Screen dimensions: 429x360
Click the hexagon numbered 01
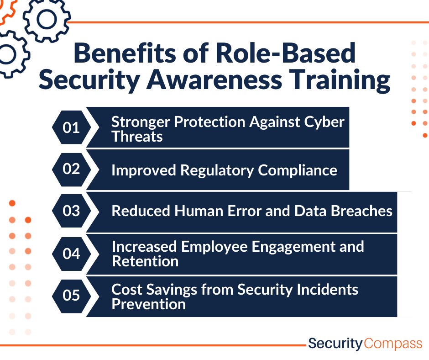tap(71, 127)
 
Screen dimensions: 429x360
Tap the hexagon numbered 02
tap(71, 169)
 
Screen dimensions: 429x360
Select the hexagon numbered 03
tap(71, 211)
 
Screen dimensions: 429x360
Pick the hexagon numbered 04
tap(71, 254)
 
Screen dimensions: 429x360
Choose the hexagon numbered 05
tap(71, 296)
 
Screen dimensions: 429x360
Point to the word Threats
tap(137, 136)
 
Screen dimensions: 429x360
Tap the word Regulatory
tap(217, 171)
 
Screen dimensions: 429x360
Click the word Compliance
tap(298, 171)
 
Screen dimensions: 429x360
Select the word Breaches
tap(362, 211)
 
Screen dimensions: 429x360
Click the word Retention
tap(145, 261)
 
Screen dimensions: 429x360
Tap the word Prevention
tap(149, 304)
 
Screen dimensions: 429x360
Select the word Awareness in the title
tap(214, 79)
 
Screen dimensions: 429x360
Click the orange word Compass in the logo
tap(393, 344)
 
